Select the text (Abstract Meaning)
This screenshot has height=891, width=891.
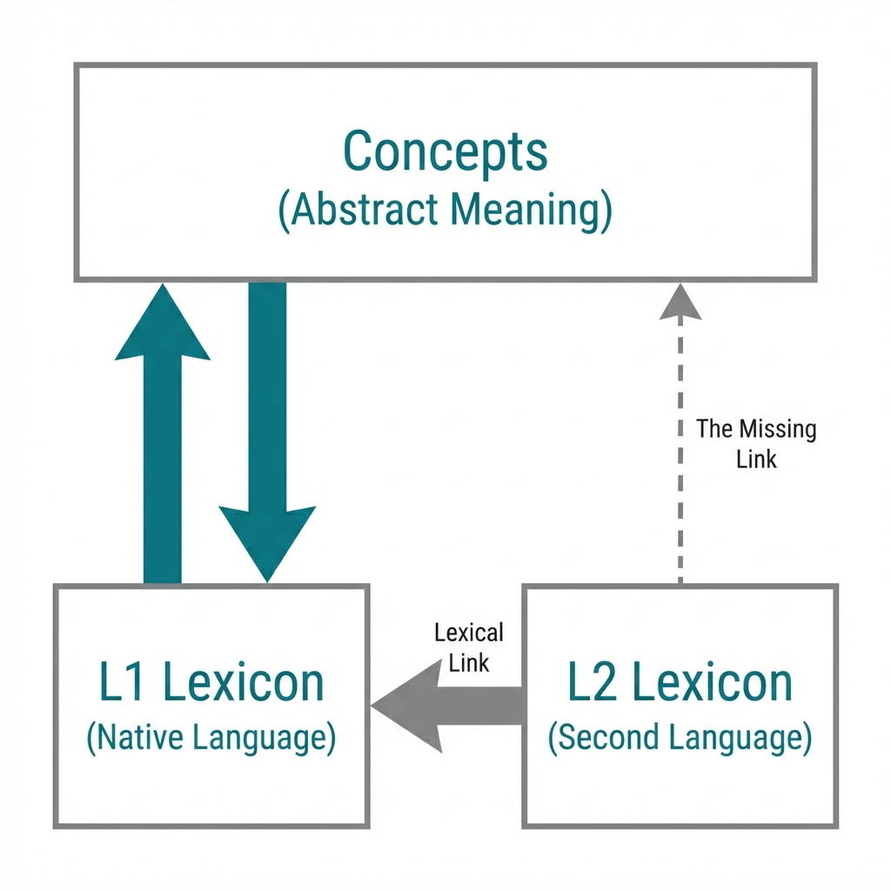point(445,211)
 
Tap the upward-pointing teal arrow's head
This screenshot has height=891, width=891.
point(163,322)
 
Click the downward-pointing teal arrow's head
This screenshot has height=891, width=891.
point(267,539)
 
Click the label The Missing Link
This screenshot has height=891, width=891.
point(755,444)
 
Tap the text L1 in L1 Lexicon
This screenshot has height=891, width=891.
point(122,683)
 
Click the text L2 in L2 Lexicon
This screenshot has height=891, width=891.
point(593,683)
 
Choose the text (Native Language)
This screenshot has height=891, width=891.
point(211,739)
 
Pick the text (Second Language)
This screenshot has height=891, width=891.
point(680,739)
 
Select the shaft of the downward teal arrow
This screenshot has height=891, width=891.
point(267,392)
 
